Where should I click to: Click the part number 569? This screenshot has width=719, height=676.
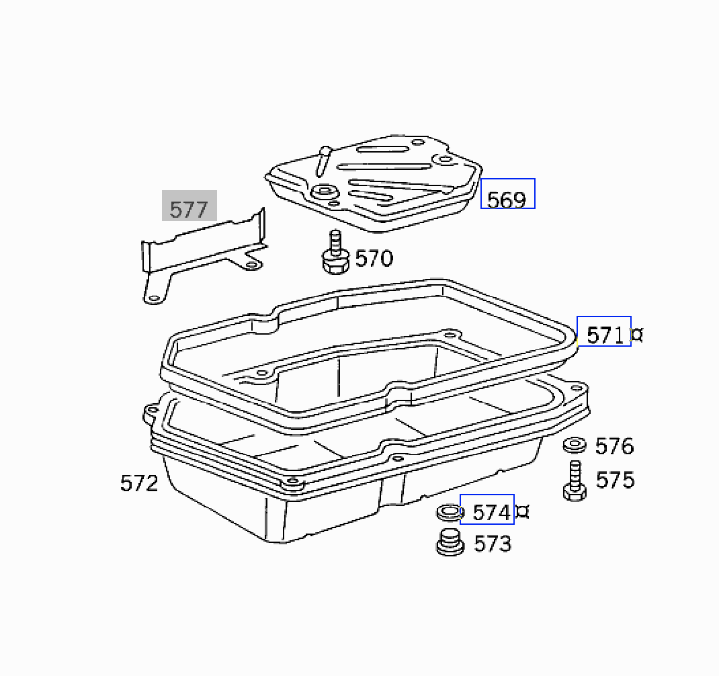pyautogui.click(x=506, y=200)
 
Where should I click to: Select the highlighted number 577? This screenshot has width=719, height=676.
pyautogui.click(x=189, y=210)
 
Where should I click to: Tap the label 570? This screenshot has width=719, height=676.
pyautogui.click(x=374, y=258)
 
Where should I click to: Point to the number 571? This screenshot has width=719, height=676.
pyautogui.click(x=605, y=335)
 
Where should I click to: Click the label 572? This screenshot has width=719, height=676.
pyautogui.click(x=139, y=483)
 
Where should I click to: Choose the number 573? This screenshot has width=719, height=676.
pyautogui.click(x=493, y=544)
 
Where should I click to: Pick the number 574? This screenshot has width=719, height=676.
pyautogui.click(x=492, y=512)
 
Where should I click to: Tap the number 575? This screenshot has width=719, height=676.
pyautogui.click(x=615, y=480)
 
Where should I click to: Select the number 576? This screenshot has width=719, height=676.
pyautogui.click(x=614, y=446)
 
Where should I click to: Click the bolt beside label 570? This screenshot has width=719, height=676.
pyautogui.click(x=335, y=253)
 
